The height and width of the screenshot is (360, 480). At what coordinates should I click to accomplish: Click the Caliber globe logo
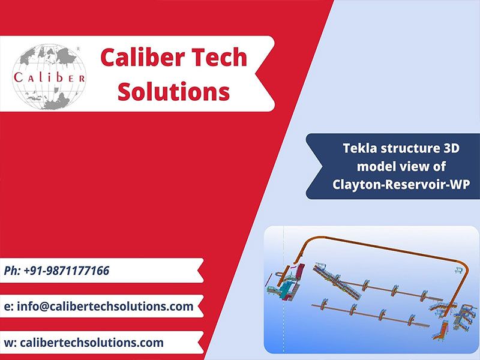point(49,77)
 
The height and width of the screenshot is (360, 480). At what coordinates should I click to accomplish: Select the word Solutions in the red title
point(173,91)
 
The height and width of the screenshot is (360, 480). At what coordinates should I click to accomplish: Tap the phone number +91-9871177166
point(67,271)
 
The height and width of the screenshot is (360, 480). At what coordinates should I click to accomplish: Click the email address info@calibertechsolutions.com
point(105,306)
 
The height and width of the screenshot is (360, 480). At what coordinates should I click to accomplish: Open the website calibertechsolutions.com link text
point(92,343)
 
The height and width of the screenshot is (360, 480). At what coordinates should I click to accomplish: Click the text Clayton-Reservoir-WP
point(401,185)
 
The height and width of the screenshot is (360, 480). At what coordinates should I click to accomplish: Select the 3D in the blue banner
point(451,148)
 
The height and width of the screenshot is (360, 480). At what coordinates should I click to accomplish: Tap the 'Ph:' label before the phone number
point(12,271)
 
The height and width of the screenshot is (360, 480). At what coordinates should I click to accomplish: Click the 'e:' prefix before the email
point(8,307)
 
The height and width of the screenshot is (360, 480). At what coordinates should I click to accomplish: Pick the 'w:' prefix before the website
point(10,343)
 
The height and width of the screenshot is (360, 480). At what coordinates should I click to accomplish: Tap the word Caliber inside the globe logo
point(49,77)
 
